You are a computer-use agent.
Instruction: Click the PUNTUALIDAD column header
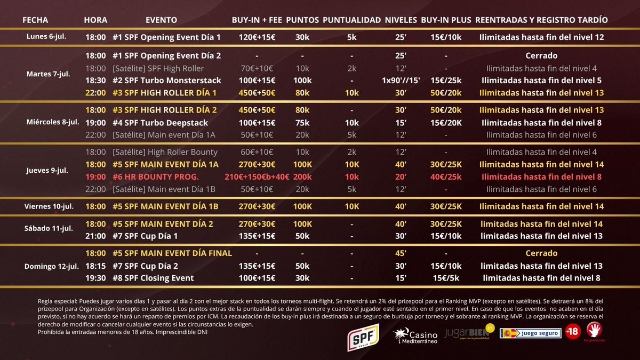tap(351, 20)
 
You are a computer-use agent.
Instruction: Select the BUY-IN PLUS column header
tap(446, 20)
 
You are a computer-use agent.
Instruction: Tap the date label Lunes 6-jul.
tap(46, 37)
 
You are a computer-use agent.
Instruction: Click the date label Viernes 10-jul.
tap(49, 206)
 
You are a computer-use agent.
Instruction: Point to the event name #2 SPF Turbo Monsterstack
tap(167, 81)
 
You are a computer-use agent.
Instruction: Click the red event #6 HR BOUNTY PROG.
tap(155, 177)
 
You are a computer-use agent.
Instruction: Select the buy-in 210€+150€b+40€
tap(257, 177)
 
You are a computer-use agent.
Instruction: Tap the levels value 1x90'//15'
tap(401, 81)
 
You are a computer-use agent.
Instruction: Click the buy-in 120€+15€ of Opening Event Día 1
tap(257, 37)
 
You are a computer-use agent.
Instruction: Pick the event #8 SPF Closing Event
tap(153, 278)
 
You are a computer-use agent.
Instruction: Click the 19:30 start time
tap(95, 278)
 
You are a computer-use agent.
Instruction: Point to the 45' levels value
tap(401, 253)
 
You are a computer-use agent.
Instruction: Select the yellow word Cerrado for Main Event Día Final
tap(541, 253)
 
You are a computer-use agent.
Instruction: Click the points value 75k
tap(302, 123)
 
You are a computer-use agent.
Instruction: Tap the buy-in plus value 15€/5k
tap(446, 278)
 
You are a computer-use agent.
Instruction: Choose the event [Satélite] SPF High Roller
tap(158, 69)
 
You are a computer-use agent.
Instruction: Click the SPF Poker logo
tap(363, 338)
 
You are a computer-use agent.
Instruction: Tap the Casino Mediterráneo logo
tap(415, 336)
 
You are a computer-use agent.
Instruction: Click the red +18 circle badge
tap(573, 332)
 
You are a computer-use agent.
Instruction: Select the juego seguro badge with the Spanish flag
tap(531, 333)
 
